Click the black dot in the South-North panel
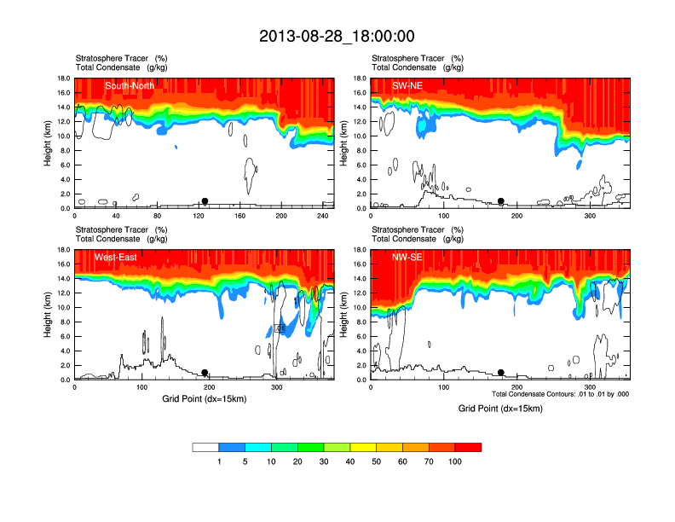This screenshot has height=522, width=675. (x=205, y=201)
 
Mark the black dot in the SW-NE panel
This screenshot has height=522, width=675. (x=501, y=201)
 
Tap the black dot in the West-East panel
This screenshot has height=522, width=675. (x=205, y=373)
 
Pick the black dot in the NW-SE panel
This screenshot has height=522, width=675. (x=501, y=373)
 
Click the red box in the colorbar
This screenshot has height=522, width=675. (x=468, y=447)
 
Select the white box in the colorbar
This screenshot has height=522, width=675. (x=205, y=447)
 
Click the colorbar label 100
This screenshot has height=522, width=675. (x=455, y=461)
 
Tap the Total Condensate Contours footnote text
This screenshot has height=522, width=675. (x=560, y=393)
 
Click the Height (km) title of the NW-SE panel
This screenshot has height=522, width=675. (x=343, y=315)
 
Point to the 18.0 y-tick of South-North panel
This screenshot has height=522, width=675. (x=62, y=78)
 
